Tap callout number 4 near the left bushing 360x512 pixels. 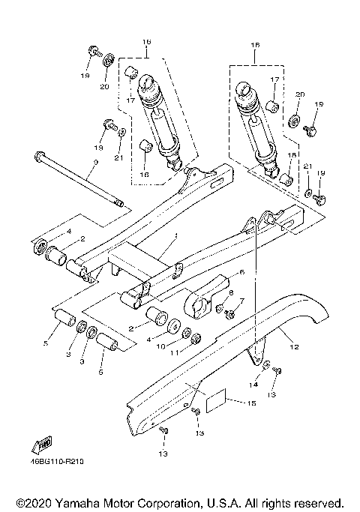[x=67, y=232]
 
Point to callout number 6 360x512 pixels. [x=242, y=271]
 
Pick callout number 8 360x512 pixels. [x=231, y=293]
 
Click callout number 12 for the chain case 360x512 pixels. [x=294, y=346]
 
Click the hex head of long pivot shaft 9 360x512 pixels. [x=37, y=157]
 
